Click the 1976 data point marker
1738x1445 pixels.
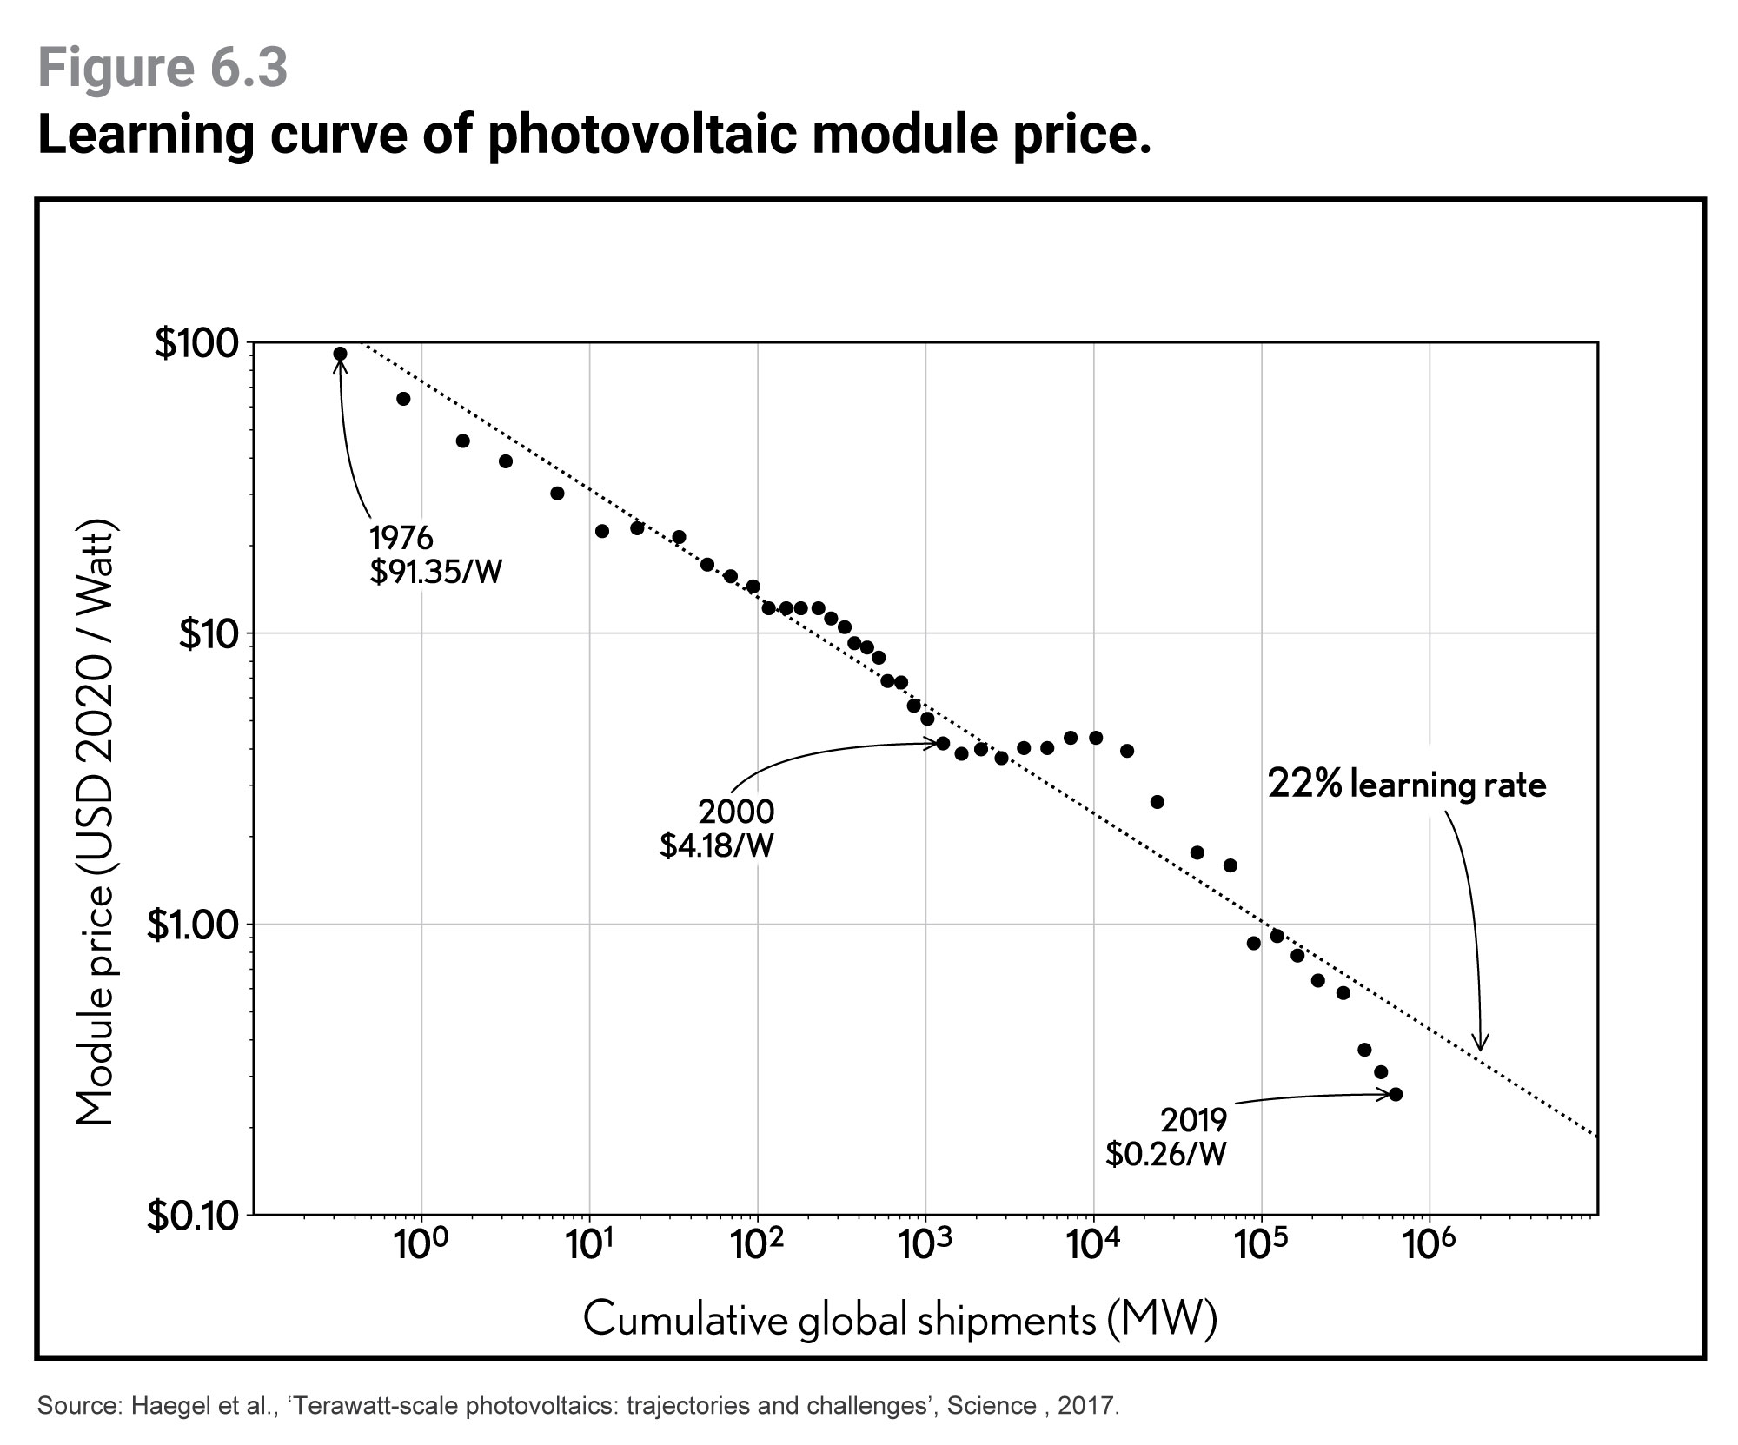(340, 354)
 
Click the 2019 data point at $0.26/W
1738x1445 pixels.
(1396, 1094)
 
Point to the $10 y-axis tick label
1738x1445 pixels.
(208, 634)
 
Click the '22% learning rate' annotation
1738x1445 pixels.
(1407, 785)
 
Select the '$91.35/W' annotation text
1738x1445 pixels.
(435, 573)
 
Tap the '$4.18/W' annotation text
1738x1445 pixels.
(716, 845)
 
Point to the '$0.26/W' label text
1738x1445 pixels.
(1165, 1153)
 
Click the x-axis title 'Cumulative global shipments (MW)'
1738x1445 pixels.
(899, 1319)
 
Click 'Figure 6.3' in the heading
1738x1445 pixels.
(163, 70)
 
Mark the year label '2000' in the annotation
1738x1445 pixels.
(735, 812)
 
